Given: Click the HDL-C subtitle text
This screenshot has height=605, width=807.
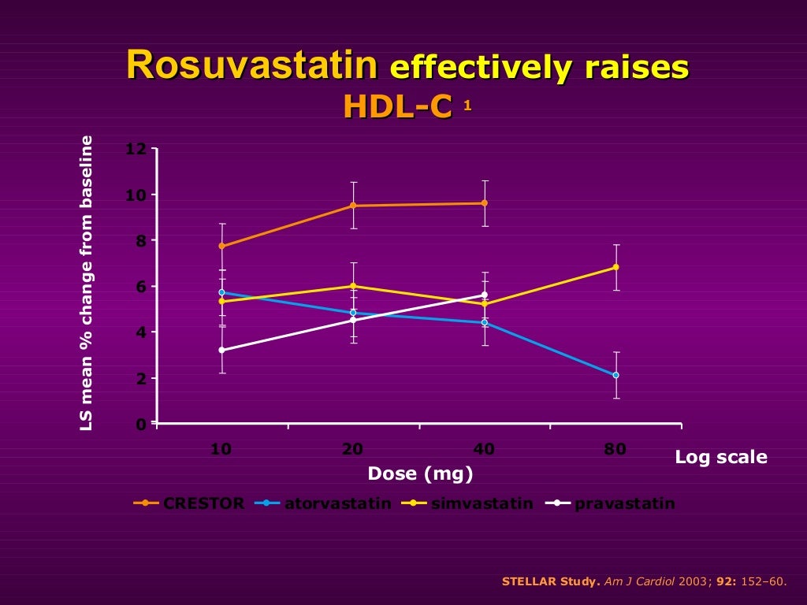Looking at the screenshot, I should (x=397, y=107).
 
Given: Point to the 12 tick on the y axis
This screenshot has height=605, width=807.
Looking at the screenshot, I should (x=136, y=149).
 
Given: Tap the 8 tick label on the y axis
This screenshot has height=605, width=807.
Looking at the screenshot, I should (x=140, y=241).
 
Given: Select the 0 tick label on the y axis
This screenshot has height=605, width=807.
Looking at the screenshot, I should (x=140, y=424).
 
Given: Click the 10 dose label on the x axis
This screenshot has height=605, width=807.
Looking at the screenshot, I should (x=221, y=450).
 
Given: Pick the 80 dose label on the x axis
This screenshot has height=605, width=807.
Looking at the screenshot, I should (x=615, y=450).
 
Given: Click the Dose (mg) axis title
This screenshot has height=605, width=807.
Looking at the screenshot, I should (x=420, y=474).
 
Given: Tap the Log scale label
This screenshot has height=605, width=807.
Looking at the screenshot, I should (x=720, y=457).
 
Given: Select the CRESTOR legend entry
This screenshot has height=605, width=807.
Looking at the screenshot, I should (x=203, y=503).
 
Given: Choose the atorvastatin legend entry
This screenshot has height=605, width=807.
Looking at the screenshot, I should (x=337, y=503).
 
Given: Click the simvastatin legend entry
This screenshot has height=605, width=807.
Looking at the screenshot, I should (x=482, y=503).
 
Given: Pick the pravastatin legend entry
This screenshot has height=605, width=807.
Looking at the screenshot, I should (x=624, y=503).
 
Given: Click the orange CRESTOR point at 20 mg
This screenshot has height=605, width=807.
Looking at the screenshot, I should (x=353, y=206).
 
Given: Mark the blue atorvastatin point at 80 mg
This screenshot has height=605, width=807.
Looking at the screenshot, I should (x=615, y=375).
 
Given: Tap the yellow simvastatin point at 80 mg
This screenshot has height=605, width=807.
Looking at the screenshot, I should (x=615, y=267).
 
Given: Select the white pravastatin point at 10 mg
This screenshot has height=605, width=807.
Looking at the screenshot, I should (x=222, y=350).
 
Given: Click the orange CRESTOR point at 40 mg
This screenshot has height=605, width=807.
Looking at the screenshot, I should (x=484, y=203).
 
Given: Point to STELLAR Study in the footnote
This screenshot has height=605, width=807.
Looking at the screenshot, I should (x=551, y=581).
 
